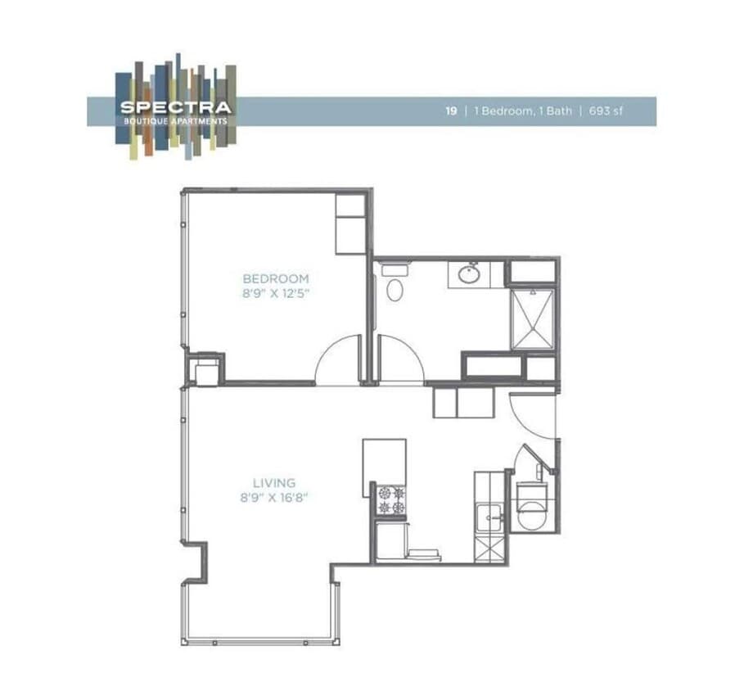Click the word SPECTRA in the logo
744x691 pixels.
tap(176, 106)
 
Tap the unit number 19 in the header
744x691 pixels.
tap(451, 111)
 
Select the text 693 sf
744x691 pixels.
tap(606, 111)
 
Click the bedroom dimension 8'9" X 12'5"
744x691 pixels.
tap(276, 291)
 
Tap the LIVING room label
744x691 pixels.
tap(275, 483)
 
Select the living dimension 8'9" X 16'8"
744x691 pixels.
tap(275, 497)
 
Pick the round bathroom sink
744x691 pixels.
tap(469, 274)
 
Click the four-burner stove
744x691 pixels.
tap(390, 500)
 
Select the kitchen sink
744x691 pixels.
tap(490, 515)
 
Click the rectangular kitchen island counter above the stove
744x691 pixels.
tap(385, 467)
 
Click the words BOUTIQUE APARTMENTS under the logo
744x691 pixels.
tap(176, 120)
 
